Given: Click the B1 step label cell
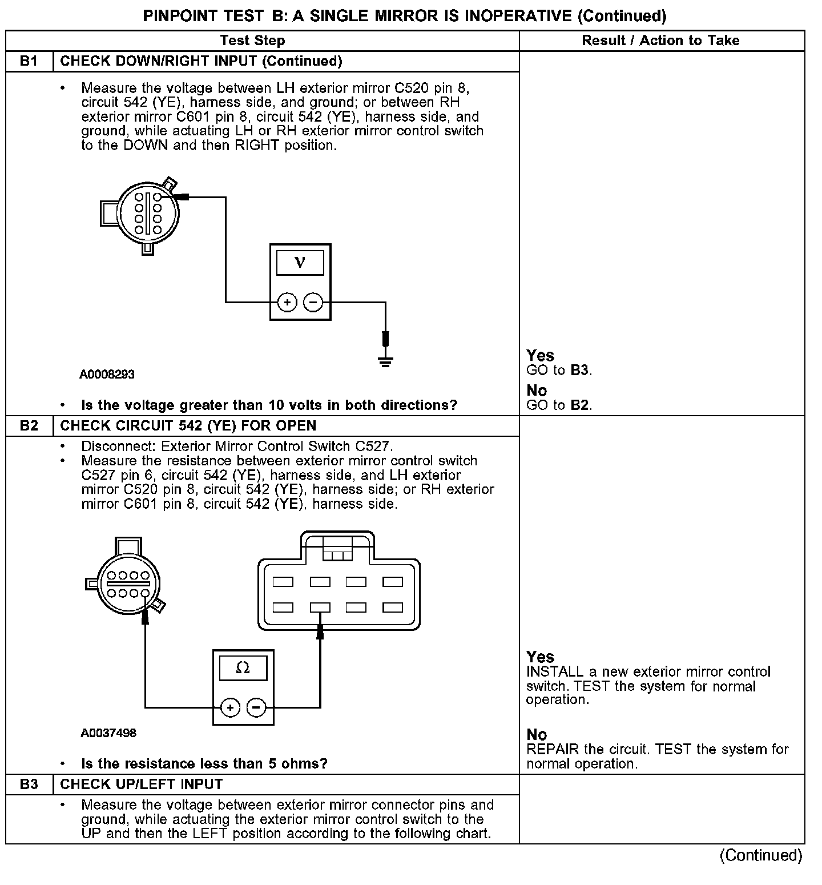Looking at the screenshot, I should [29, 61].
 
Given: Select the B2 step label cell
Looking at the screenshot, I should [29, 426].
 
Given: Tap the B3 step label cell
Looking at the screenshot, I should [29, 785].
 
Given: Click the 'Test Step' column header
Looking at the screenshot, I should [252, 41].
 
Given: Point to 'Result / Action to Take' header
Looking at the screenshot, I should [660, 41].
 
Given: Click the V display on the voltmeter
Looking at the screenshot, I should [300, 263].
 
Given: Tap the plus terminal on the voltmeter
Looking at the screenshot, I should [287, 302].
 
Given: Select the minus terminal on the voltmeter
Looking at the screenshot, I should [313, 302].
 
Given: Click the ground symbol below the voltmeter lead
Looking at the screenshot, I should [385, 361].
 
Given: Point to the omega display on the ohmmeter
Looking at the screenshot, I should [243, 668].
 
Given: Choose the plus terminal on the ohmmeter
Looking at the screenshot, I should [230, 708].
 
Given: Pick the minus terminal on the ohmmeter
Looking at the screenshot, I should [256, 708].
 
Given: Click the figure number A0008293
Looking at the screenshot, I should [107, 375].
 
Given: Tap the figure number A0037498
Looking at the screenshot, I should [108, 733].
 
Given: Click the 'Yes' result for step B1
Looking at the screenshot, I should [540, 356].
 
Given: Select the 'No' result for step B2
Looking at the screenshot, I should [537, 735].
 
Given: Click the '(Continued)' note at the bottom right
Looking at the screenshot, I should [761, 855].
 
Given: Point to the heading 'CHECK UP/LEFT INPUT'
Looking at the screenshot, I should [141, 785].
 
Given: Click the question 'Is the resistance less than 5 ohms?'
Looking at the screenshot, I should [204, 764].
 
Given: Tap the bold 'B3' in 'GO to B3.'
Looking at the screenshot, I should [579, 370].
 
